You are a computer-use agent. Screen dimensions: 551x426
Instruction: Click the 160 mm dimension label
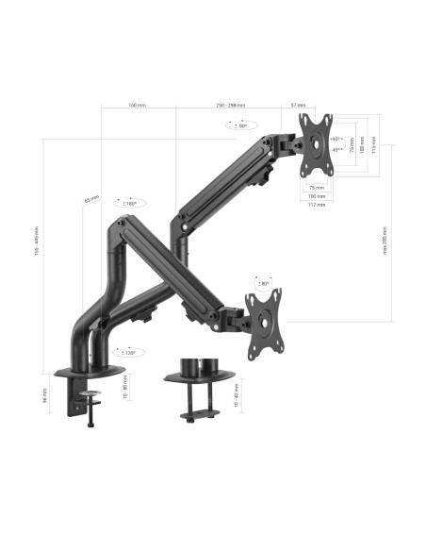pos(137,105)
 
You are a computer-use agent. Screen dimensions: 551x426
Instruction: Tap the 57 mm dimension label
pos(298,105)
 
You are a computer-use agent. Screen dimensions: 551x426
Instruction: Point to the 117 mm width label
pos(317,206)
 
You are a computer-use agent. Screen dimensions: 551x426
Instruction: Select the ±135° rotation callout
pos(126,352)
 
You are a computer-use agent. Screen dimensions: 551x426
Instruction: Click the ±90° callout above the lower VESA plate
pos(263,282)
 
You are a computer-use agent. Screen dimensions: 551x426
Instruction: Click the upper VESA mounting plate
pos(317,144)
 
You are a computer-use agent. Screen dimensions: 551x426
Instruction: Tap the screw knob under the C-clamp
pos(90,423)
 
